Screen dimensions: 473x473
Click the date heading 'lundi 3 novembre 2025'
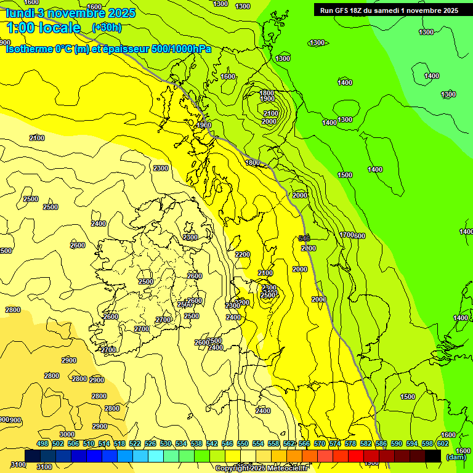pyautogui.click(x=71, y=13)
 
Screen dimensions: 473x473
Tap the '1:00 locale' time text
pyautogui.click(x=43, y=28)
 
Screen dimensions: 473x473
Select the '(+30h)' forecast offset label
pyautogui.click(x=107, y=28)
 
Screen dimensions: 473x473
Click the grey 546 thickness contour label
pyautogui.click(x=304, y=238)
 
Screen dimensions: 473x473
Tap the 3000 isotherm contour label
pyautogui.click(x=67, y=435)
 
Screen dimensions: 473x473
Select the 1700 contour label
pyautogui.click(x=346, y=235)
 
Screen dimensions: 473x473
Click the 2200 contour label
pyautogui.click(x=243, y=254)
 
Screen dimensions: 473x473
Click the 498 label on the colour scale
pyautogui.click(x=42, y=443)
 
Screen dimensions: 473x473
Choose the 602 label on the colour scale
pyautogui.click(x=443, y=443)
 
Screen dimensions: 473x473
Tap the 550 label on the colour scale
pyautogui.click(x=243, y=443)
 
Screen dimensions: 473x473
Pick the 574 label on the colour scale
pyautogui.click(x=335, y=443)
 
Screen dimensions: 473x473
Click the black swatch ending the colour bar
pyautogui.click(x=433, y=456)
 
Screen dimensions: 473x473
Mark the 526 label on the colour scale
pyautogui.click(x=150, y=443)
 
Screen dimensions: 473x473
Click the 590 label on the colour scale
pyautogui.click(x=397, y=443)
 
